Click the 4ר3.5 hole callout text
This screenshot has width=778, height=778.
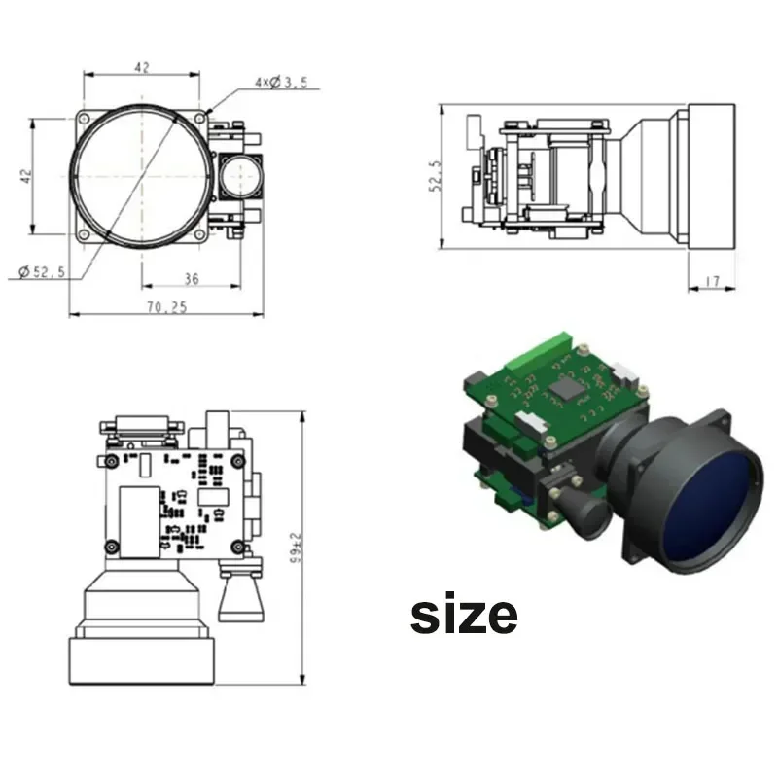point(281,82)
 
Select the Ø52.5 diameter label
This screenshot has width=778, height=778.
point(42,272)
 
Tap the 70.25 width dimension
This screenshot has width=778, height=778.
point(166,307)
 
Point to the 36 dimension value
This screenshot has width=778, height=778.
point(192,279)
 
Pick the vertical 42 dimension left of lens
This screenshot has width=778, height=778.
point(26,176)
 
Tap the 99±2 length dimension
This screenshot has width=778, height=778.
point(296,548)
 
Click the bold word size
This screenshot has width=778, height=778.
point(464,614)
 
